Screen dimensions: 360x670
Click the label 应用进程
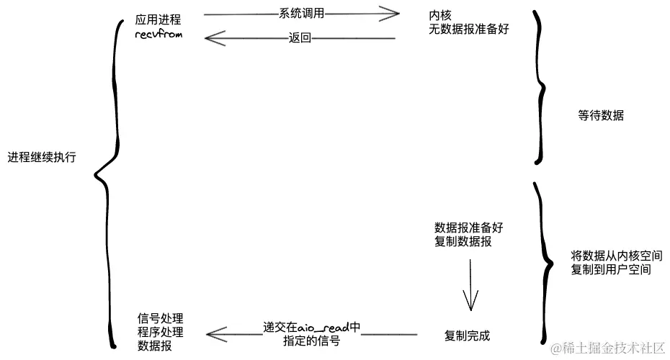(x=158, y=19)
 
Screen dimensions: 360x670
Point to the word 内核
(x=439, y=15)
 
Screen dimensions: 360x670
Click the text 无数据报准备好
(x=468, y=30)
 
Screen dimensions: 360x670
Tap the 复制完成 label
(x=468, y=336)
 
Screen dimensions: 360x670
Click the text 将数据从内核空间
(x=611, y=256)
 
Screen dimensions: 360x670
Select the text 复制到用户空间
(x=611, y=271)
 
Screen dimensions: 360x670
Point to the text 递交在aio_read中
(x=311, y=328)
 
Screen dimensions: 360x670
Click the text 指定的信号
(x=312, y=341)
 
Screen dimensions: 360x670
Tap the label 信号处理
(x=160, y=318)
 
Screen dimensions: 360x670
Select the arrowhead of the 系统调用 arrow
(x=393, y=13)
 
